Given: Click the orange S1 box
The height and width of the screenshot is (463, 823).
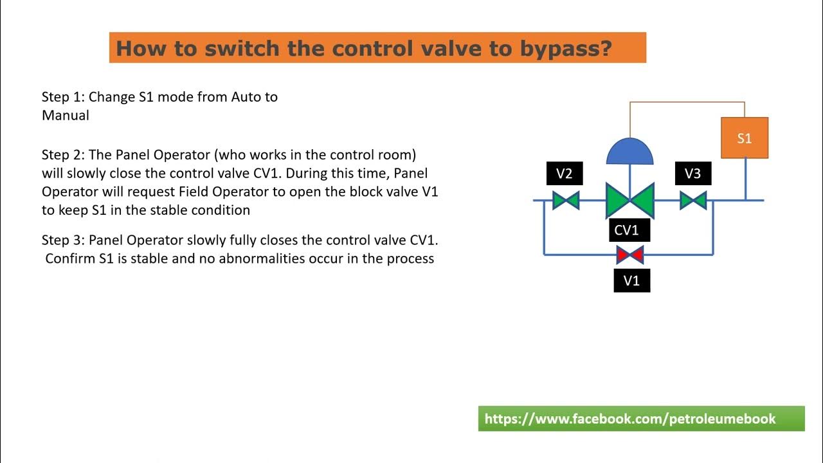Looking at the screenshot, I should pos(744,138).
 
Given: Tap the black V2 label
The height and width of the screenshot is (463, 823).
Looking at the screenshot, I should pos(564,174).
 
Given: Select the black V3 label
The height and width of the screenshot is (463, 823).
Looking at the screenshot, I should pos(692,174).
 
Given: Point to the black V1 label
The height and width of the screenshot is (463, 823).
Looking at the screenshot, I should pos(631,281).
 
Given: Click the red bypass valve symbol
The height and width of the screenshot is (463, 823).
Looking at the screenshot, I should pos(629,255).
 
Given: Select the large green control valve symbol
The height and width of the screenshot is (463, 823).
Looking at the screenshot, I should pos(629,200).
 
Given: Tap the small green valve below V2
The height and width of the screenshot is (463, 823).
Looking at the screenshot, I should pos(566,201).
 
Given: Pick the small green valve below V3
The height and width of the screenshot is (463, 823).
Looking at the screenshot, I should pos(693,201).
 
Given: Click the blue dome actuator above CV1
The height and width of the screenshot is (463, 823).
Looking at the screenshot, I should pos(629,152).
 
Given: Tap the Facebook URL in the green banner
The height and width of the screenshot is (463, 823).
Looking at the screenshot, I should pos(629,419).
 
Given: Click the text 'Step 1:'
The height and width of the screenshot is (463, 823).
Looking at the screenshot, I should pos(63,97).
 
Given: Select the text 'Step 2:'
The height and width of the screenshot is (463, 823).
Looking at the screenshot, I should pos(63,155).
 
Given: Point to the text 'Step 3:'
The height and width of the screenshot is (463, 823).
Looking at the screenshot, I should pos(63,240).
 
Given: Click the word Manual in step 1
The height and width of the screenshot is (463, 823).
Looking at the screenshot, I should pos(65,116).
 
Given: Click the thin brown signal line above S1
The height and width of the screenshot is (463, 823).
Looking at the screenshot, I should pos(687,102).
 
